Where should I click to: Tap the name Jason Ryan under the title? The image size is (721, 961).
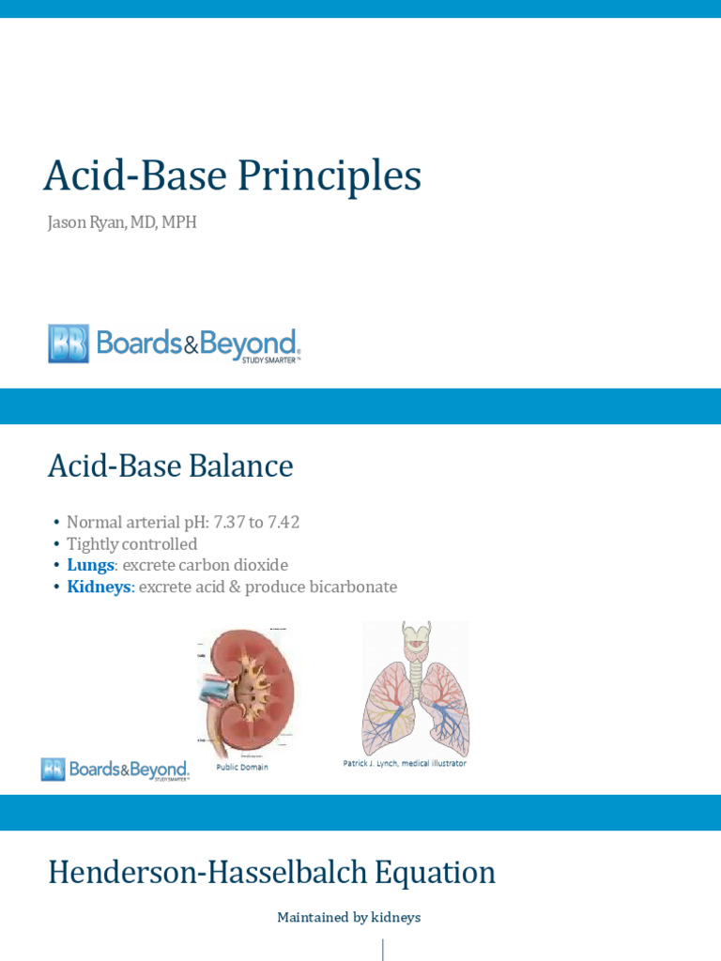[x=87, y=223]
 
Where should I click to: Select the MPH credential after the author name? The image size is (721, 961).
[x=178, y=223]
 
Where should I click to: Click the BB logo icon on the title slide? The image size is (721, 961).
[x=69, y=343]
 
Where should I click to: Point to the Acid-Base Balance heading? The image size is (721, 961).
[x=170, y=466]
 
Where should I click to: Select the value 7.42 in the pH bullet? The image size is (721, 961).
[x=281, y=523]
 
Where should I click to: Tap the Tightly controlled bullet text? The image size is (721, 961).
[x=131, y=544]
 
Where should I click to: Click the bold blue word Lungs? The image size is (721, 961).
[x=90, y=566]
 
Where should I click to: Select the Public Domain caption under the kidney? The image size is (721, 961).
[x=242, y=767]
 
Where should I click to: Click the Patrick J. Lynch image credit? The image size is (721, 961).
[x=404, y=764]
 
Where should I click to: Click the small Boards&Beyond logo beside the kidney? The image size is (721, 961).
[x=115, y=770]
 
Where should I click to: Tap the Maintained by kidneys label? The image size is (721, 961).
[x=348, y=918]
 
